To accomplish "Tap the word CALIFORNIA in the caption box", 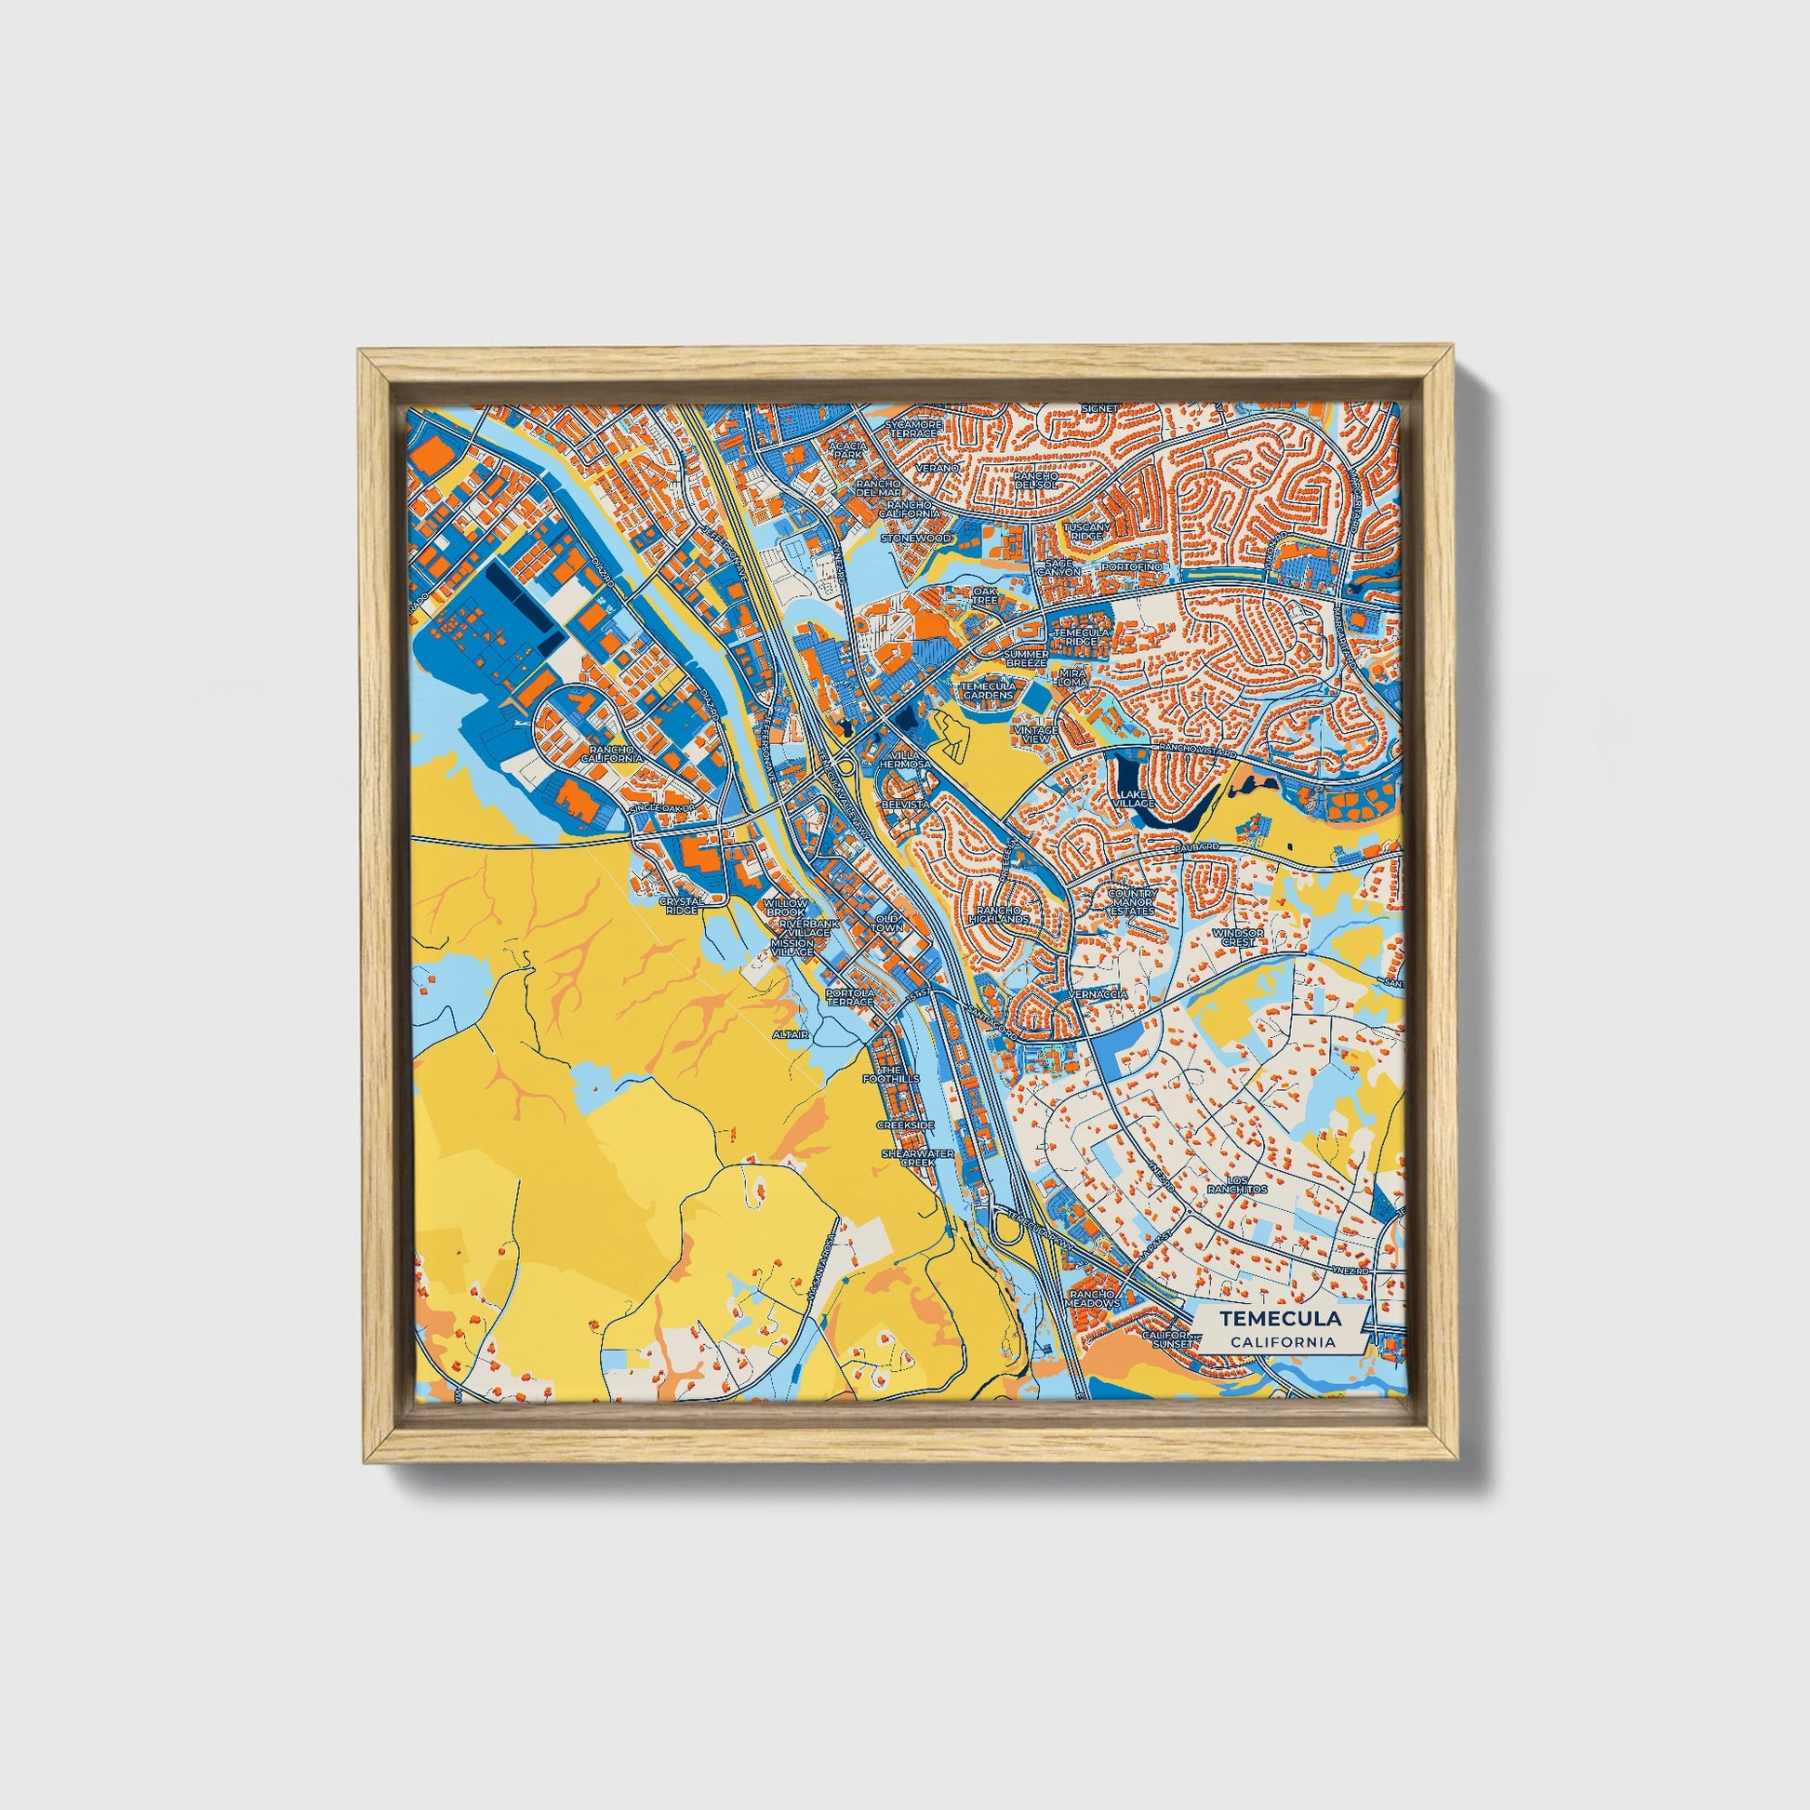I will point(1283,1341).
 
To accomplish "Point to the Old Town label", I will point(888,924).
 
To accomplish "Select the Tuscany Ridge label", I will point(1085,530).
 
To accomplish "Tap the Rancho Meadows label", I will point(1093,1298).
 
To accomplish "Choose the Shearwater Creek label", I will point(918,1158).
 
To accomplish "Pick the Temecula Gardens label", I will point(988,690).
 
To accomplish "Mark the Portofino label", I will point(1133,567).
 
